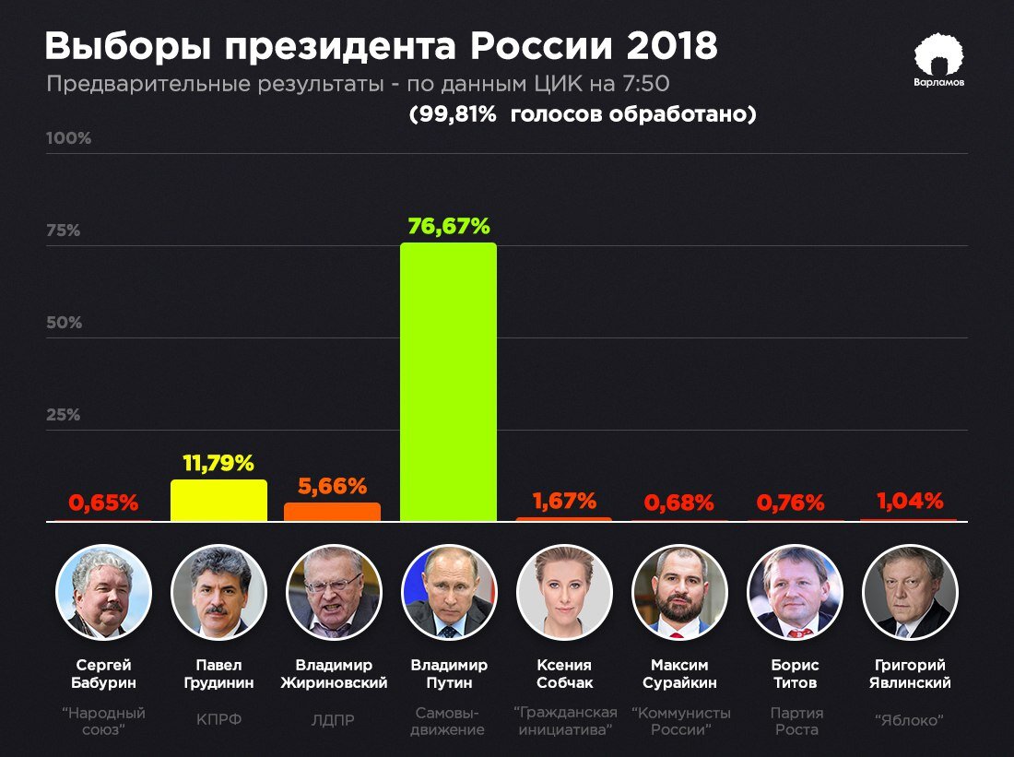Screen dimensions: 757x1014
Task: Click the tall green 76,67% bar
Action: tap(448, 383)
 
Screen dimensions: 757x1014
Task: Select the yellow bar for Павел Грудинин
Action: tap(218, 501)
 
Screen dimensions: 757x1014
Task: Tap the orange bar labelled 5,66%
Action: tap(332, 512)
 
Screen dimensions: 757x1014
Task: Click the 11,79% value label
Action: tap(218, 463)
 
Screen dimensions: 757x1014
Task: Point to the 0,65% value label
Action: tap(102, 503)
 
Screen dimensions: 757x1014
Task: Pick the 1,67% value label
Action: tap(564, 501)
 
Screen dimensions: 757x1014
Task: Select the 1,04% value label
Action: tap(910, 501)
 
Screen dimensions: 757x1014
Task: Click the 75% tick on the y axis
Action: tap(64, 231)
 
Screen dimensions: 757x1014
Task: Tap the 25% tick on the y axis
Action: tap(64, 415)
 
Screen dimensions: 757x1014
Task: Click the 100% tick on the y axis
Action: tap(69, 138)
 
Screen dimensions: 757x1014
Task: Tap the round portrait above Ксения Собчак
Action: tap(564, 592)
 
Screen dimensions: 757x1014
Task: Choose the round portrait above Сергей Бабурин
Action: tap(102, 592)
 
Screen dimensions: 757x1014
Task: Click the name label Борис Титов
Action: tap(795, 674)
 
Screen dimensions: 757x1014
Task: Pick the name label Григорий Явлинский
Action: tap(910, 674)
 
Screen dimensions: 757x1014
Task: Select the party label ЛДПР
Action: tap(334, 721)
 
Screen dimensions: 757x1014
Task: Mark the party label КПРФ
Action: tap(218, 721)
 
